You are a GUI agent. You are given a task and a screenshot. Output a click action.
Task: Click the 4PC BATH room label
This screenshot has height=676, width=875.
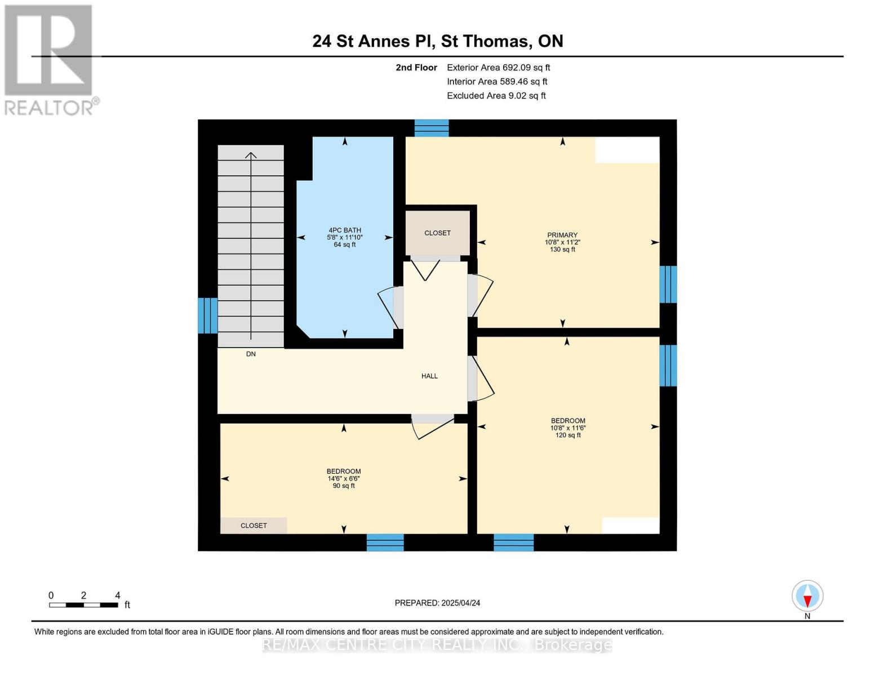[344, 230]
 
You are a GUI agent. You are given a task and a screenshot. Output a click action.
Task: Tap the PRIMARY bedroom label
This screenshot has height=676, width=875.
[562, 235]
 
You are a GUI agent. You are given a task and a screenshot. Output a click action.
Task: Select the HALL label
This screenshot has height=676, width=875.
[429, 376]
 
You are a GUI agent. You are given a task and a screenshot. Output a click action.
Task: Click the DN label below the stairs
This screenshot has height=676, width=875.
[251, 354]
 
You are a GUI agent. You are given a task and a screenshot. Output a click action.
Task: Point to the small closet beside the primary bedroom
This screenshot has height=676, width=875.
[437, 233]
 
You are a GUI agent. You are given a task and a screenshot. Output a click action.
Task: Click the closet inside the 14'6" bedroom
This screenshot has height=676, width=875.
[254, 525]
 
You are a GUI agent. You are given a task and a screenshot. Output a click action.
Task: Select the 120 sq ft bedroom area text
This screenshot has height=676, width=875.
[567, 435]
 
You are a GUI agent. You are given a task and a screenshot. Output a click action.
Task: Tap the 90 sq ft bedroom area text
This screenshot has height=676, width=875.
[344, 486]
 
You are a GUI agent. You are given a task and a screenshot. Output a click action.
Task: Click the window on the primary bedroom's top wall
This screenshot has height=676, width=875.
[432, 128]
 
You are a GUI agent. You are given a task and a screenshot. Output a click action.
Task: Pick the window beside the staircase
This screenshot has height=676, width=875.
[207, 315]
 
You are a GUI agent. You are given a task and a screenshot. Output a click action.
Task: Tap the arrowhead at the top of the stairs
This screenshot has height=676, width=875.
[251, 154]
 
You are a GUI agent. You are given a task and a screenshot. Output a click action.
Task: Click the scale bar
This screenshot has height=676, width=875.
[83, 605]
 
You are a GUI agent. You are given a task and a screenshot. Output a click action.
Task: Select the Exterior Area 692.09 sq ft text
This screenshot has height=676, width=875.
[498, 68]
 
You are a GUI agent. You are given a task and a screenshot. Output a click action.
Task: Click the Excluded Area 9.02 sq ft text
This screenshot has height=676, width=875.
[496, 96]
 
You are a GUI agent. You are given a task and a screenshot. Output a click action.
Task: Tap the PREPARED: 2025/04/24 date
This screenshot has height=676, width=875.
[437, 603]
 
